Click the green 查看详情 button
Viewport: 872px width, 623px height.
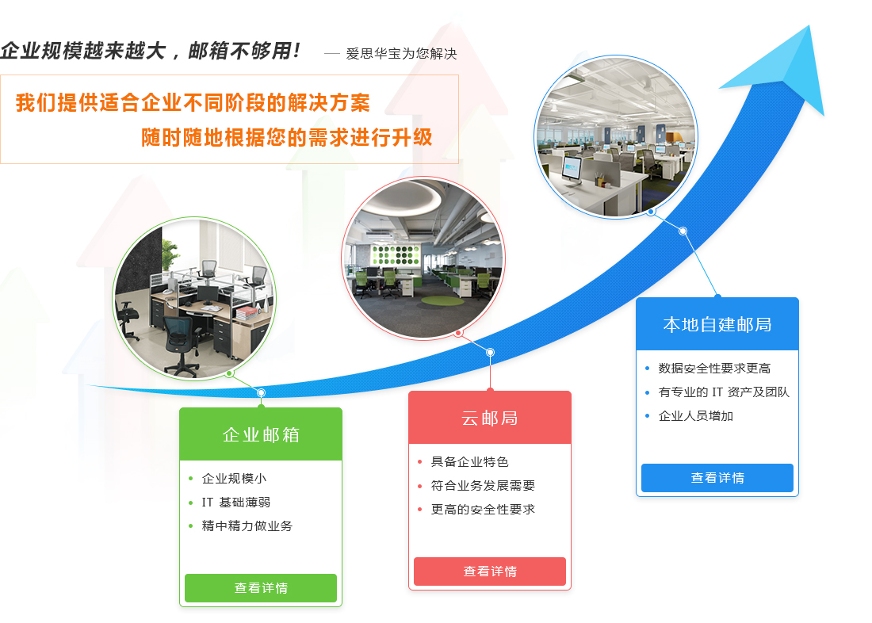[x=261, y=588]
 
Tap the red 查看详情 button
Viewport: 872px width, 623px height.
[x=490, y=571]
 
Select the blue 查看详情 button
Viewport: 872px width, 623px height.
[x=717, y=478]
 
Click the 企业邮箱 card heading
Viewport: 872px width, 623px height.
[x=261, y=434]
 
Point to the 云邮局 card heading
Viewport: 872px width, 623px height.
[x=490, y=418]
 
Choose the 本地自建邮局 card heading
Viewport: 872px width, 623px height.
[x=717, y=324]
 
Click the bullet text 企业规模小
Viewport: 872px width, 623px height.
[x=234, y=479]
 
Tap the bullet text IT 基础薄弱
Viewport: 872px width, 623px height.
[x=235, y=503]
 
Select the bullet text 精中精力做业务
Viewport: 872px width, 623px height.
[x=247, y=526]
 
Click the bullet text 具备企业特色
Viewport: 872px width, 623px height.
[x=469, y=461]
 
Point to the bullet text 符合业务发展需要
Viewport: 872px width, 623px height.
[x=483, y=486]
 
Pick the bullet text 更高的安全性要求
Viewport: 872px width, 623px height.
[x=483, y=510]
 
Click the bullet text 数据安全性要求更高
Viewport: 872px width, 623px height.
[x=714, y=369]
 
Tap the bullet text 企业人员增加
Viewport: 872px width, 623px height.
[x=696, y=416]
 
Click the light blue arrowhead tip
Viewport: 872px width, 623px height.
[x=809, y=25]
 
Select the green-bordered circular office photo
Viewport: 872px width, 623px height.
[x=194, y=299]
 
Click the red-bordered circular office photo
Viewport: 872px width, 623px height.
[x=423, y=258]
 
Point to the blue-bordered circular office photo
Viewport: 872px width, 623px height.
[x=616, y=136]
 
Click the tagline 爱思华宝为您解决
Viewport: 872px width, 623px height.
[x=401, y=53]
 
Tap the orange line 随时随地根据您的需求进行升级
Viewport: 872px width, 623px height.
[x=286, y=137]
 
